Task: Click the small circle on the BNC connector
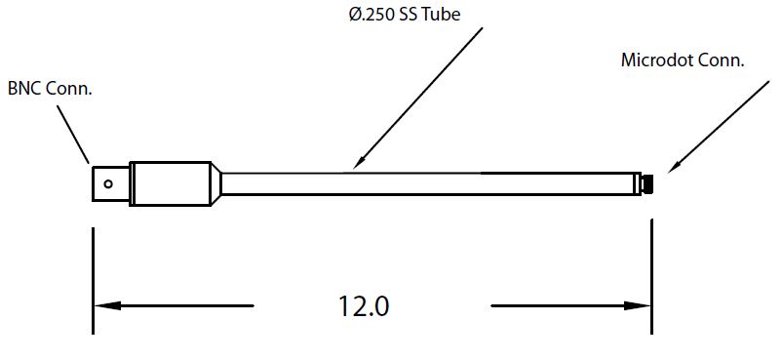point(108,183)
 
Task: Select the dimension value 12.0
point(364,306)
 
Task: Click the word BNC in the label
point(25,89)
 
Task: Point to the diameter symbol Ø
point(354,14)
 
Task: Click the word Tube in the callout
point(441,14)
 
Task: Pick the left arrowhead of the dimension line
point(106,305)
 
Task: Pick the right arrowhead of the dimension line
point(638,305)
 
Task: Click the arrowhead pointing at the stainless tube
point(359,162)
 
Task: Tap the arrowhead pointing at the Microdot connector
point(674,166)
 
